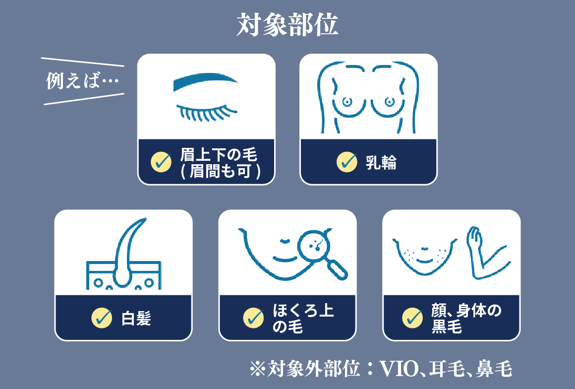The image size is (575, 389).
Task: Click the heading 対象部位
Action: point(287,25)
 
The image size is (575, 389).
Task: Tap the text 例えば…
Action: point(82,80)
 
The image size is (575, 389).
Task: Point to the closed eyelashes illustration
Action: point(207,113)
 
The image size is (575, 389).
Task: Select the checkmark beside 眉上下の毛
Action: point(161,162)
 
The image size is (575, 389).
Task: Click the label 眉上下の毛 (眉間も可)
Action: point(221,163)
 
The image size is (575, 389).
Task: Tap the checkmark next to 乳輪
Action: point(347,162)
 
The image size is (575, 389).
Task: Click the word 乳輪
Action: point(381,162)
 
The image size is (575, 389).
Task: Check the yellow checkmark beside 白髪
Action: point(102,318)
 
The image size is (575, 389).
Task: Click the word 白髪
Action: point(136,318)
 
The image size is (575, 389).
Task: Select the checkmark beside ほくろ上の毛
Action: point(253,318)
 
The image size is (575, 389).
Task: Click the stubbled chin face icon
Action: point(425,257)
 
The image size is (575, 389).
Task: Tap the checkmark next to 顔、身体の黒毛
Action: point(412,318)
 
